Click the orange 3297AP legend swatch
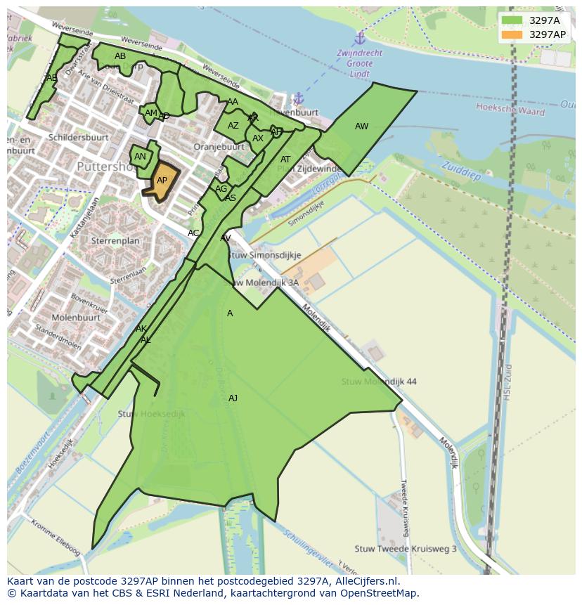point(512,34)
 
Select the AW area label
point(361,126)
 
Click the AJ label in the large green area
point(233,398)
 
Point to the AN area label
point(140,157)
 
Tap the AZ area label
point(233,126)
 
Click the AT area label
point(285,160)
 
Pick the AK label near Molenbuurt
point(141,329)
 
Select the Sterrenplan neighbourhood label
point(115,240)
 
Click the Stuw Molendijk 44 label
point(379,382)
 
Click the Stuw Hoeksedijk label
point(151,414)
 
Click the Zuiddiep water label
point(460,170)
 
